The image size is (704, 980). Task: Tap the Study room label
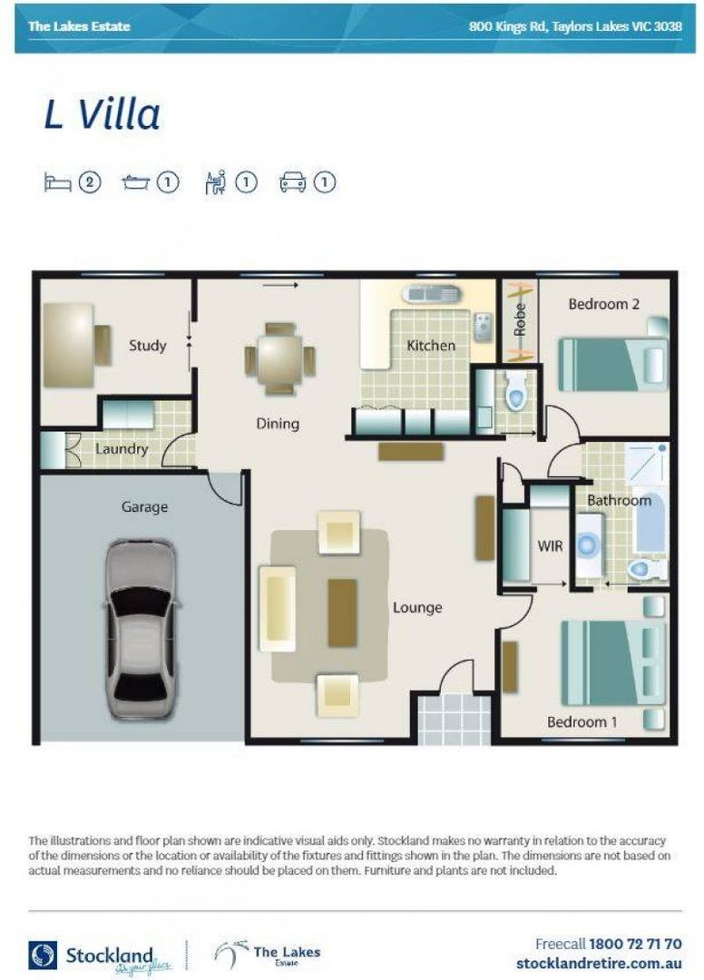click(x=147, y=346)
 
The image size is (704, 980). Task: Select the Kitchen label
click(x=430, y=346)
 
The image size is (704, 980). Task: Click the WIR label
click(x=547, y=545)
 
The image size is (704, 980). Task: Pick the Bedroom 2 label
click(x=603, y=304)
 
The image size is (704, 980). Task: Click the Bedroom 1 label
click(x=582, y=722)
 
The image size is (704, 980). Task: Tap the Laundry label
click(x=122, y=449)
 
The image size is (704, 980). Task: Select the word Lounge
click(x=417, y=607)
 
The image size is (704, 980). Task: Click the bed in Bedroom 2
click(x=611, y=363)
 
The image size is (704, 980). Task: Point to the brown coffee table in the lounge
click(x=342, y=612)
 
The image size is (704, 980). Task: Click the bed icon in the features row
click(x=57, y=182)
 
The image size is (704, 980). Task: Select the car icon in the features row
click(x=293, y=182)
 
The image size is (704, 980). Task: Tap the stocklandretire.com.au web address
click(x=599, y=963)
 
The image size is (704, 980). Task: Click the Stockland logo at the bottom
click(x=91, y=955)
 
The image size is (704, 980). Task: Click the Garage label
click(x=144, y=507)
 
